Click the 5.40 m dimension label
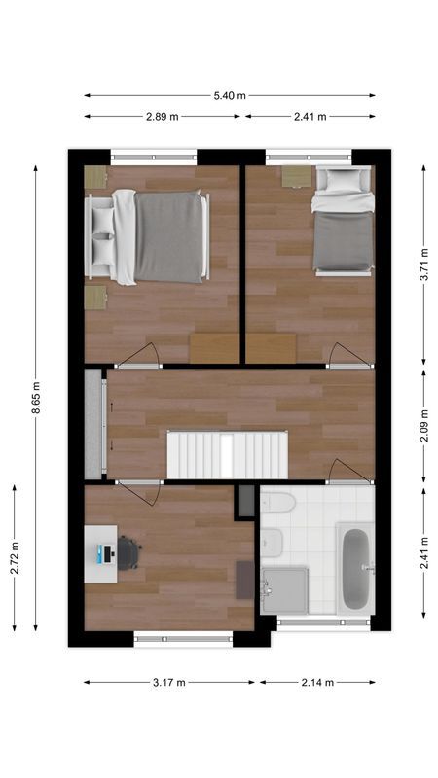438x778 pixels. point(230,95)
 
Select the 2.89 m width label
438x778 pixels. point(162,117)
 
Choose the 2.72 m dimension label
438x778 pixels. point(15,557)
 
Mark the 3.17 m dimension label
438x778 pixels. point(169,683)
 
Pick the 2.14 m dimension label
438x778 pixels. point(317,683)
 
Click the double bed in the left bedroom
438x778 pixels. point(161,237)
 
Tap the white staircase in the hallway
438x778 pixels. point(229,455)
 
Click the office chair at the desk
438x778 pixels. point(129,552)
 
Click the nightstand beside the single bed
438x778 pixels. point(292,176)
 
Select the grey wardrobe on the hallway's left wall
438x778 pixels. point(93,424)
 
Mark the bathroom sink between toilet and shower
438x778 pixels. point(272,541)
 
